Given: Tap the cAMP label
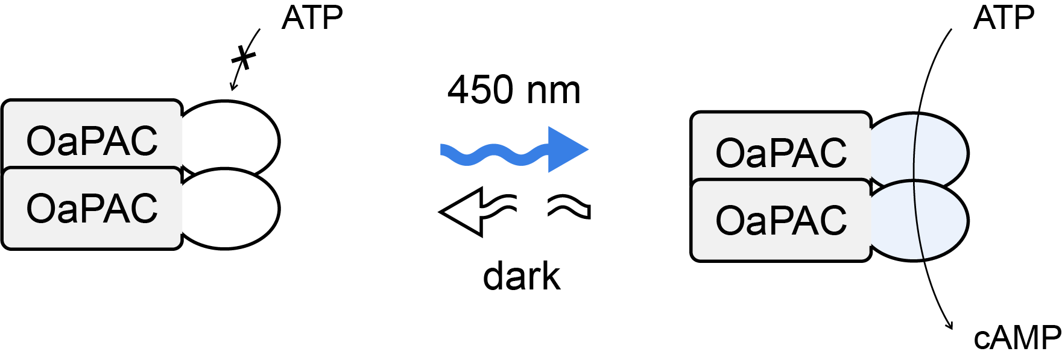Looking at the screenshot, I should [1017, 338].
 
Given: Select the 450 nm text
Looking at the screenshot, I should [514, 90].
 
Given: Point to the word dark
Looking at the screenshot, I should [522, 277].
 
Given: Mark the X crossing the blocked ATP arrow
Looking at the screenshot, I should [244, 58].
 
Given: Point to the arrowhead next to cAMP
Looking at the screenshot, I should [950, 325].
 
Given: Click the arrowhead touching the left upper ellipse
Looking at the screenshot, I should [233, 87].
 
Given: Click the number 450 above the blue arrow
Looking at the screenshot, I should [481, 90].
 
